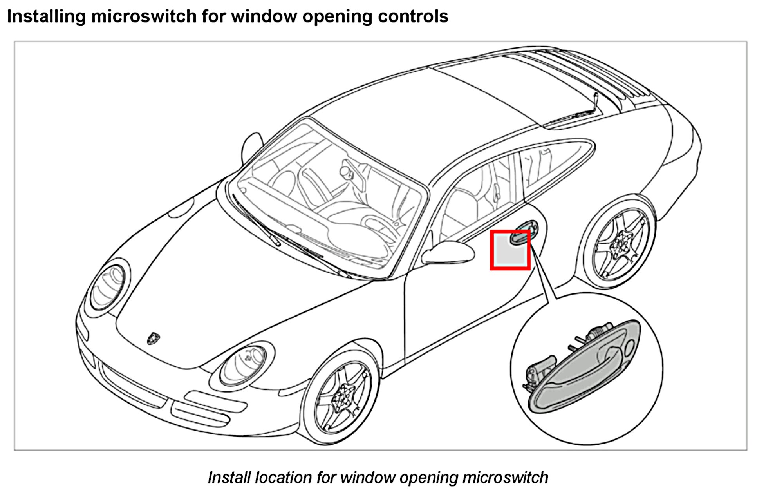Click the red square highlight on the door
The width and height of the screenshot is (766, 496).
pyautogui.click(x=510, y=250)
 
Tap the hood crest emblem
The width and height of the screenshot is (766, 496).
pyautogui.click(x=153, y=338)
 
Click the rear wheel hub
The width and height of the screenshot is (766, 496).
pyautogui.click(x=621, y=243)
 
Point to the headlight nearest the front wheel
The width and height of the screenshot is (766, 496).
pyautogui.click(x=244, y=364)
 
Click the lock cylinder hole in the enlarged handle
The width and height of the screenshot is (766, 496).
pyautogui.click(x=629, y=348)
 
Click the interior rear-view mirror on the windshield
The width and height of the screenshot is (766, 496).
pyautogui.click(x=346, y=171)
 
